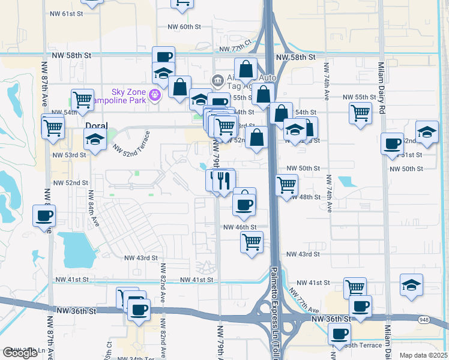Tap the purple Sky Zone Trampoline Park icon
pos(155,94)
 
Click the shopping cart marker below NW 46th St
pos(252,242)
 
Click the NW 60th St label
pos(184,26)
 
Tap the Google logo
pos(20,353)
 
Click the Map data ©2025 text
pos(423,355)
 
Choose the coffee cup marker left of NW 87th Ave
pos(44,216)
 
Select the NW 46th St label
pos(240,227)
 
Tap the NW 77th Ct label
pos(238,48)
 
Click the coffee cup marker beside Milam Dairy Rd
pos(393,144)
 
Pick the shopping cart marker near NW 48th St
pos(286,184)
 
